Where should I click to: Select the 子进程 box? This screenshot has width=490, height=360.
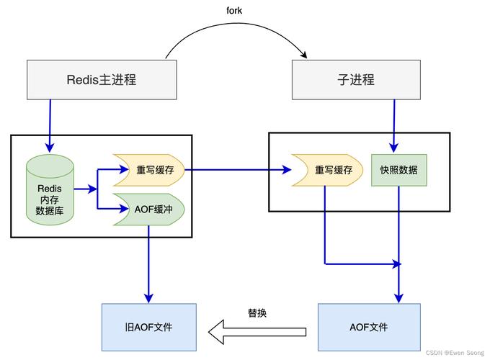(356, 79)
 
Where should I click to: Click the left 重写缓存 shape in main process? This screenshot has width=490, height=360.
(149, 171)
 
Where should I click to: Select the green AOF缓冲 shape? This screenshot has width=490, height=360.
(149, 210)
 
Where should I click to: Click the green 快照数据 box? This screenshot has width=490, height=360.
(398, 171)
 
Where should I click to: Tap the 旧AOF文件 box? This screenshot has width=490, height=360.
(148, 327)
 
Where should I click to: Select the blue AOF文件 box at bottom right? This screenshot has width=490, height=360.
(368, 327)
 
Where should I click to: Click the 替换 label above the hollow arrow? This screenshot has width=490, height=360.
(257, 313)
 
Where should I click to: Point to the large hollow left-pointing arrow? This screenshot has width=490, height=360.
(257, 331)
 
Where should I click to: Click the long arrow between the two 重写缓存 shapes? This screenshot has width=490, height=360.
(238, 171)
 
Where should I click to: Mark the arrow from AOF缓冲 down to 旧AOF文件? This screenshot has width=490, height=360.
(149, 263)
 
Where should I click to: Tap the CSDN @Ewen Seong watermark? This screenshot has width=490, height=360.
(455, 353)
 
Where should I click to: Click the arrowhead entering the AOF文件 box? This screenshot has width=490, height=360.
(398, 298)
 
